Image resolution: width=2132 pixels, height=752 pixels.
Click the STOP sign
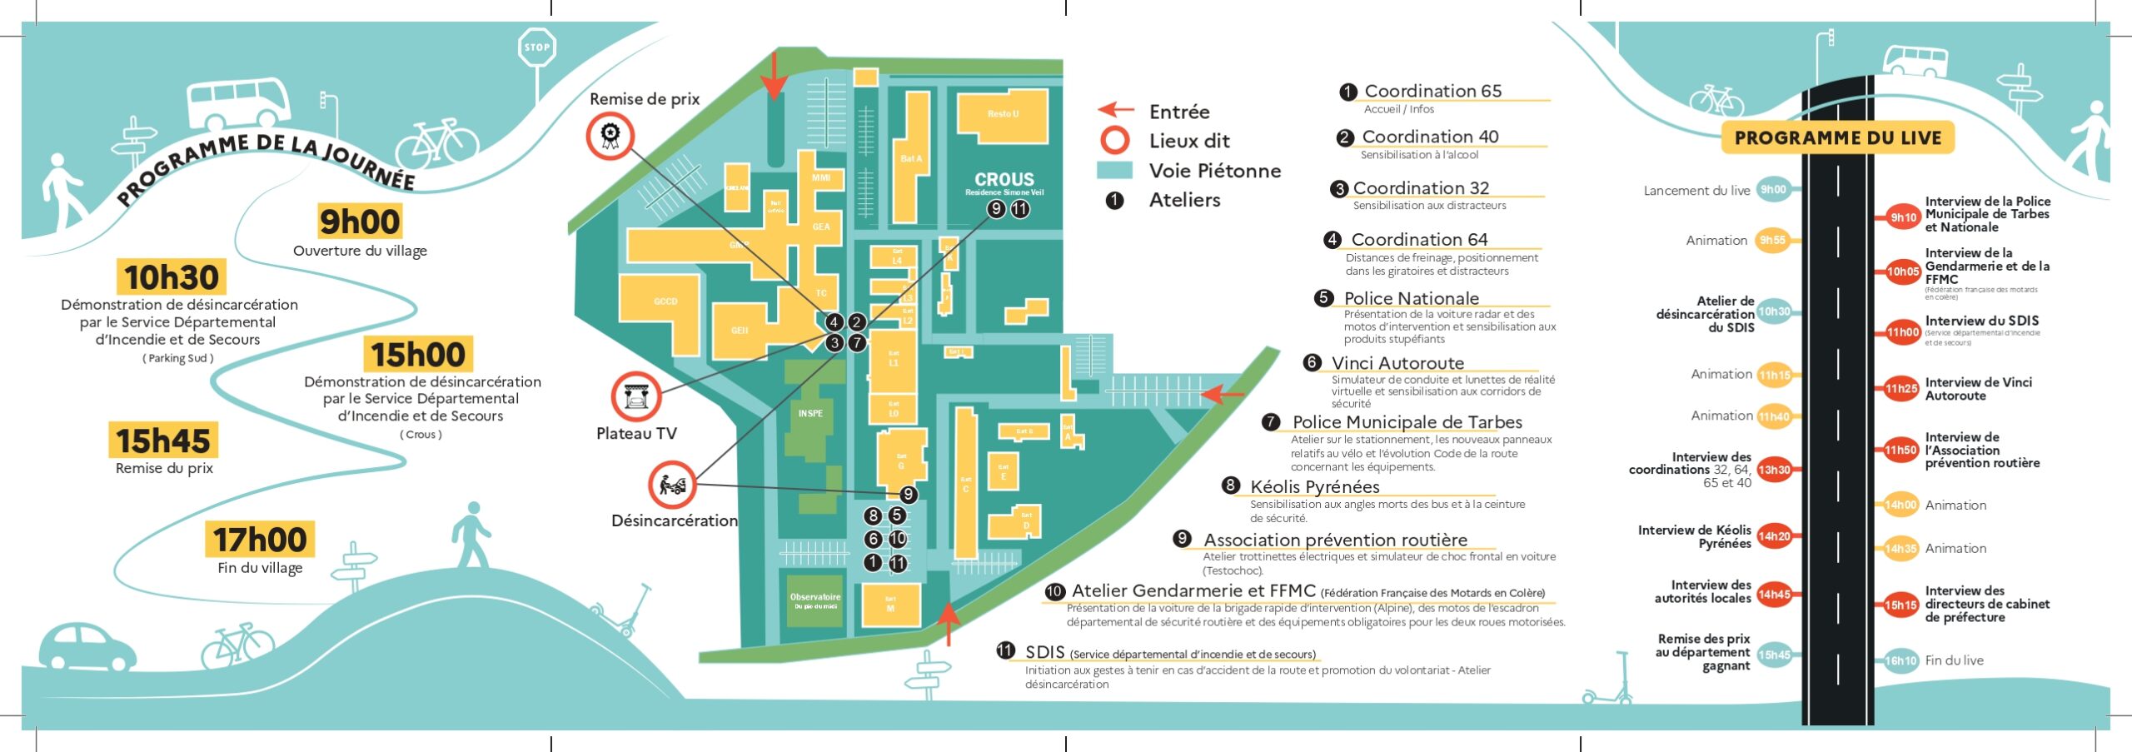[x=536, y=47]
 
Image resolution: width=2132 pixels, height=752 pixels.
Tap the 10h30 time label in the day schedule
[x=171, y=277]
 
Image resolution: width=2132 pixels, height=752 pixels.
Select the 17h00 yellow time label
[x=260, y=540]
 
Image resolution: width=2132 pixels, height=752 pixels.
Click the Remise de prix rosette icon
[x=610, y=136]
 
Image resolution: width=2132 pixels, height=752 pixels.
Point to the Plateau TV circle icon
[x=636, y=396]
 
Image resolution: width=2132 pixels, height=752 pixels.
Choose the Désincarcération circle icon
[x=672, y=485]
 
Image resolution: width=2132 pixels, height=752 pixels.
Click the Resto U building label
[x=1003, y=114]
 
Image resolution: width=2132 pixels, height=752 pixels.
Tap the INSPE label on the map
[x=810, y=413]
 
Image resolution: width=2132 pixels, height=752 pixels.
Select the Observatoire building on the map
[x=814, y=600]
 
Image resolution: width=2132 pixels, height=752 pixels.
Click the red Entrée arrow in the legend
[x=1115, y=110]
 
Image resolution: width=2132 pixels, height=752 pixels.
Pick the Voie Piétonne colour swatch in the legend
[x=1114, y=171]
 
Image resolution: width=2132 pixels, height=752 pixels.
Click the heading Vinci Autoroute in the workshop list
[x=1397, y=363]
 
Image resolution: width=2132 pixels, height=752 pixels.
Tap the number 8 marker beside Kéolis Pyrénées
[x=1231, y=486]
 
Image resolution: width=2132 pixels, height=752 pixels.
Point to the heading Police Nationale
[x=1411, y=298]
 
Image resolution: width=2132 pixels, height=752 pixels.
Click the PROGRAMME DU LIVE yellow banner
[x=1837, y=138]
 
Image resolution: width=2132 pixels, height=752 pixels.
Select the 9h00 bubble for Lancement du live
[x=1772, y=190]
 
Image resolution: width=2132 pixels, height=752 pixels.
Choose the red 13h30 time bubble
[x=1774, y=470]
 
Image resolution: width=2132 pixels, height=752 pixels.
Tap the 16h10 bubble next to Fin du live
[x=1900, y=660]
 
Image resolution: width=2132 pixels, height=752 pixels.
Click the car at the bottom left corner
[x=87, y=645]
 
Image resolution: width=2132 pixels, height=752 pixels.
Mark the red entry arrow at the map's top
[x=775, y=75]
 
